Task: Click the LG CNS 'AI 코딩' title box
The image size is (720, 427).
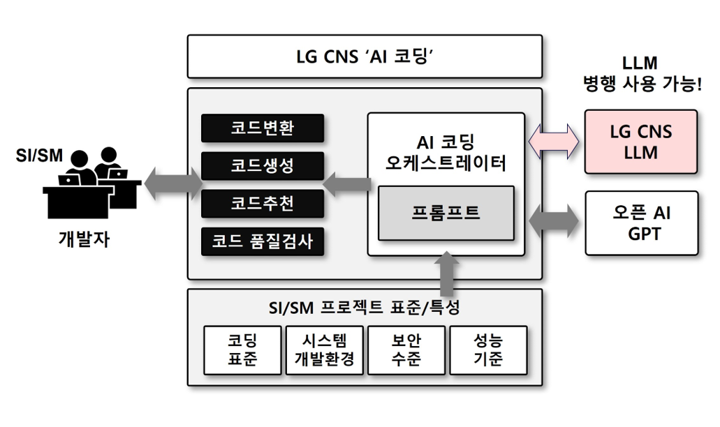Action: pos(365,57)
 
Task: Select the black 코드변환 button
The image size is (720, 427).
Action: pos(263,128)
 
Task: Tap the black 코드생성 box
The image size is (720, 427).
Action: pos(263,165)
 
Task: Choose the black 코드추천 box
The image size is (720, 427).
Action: pos(263,203)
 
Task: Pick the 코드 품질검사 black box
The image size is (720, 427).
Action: pos(263,241)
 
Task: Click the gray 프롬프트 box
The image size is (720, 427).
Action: pos(446,212)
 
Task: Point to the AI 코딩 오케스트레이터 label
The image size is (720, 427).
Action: pos(446,153)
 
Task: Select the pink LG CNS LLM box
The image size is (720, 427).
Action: pos(640,142)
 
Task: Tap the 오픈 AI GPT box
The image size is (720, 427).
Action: pos(640,223)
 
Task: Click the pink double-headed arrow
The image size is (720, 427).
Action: pos(554,142)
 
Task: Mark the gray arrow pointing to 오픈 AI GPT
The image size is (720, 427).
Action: pos(554,220)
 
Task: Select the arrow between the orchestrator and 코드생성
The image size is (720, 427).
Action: pos(346,184)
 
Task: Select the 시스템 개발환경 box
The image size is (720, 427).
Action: pos(324,350)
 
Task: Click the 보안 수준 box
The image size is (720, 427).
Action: pos(406,350)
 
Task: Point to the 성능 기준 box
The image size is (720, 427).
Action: pos(487,350)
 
